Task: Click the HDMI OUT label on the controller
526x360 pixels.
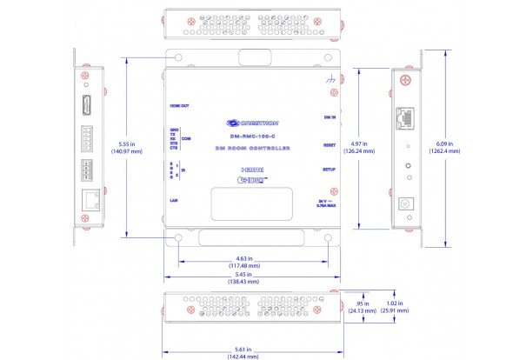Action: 179,106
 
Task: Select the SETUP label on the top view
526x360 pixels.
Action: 329,169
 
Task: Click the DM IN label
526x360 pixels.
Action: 329,116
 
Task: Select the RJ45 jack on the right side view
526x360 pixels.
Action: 406,117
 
